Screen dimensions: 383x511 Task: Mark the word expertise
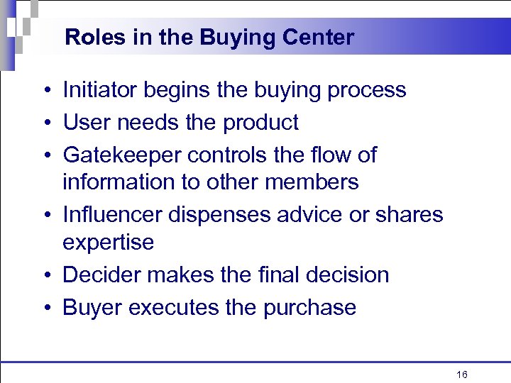coord(108,243)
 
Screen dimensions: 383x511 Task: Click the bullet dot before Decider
coord(45,275)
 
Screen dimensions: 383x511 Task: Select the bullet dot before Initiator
coord(45,91)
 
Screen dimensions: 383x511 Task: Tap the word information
coord(117,182)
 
